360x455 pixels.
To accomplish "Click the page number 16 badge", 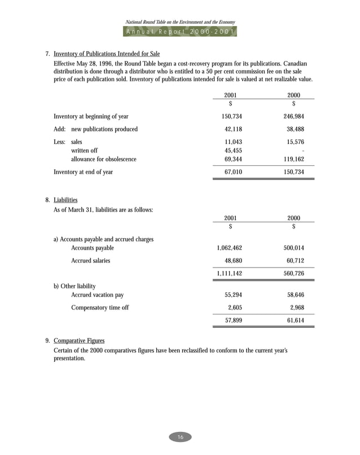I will (x=180, y=438).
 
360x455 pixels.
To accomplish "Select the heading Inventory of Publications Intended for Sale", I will (x=107, y=54).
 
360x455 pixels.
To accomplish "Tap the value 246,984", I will (x=293, y=116).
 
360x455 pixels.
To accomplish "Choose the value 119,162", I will (x=293, y=160).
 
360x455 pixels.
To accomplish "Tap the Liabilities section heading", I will (x=65, y=200).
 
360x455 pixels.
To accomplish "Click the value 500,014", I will (x=293, y=248).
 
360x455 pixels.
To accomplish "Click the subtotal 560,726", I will (x=293, y=273).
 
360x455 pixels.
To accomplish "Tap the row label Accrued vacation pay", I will (x=97, y=295).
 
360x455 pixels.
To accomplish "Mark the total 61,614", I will (x=295, y=320).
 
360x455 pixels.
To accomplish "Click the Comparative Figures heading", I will (x=79, y=340).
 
